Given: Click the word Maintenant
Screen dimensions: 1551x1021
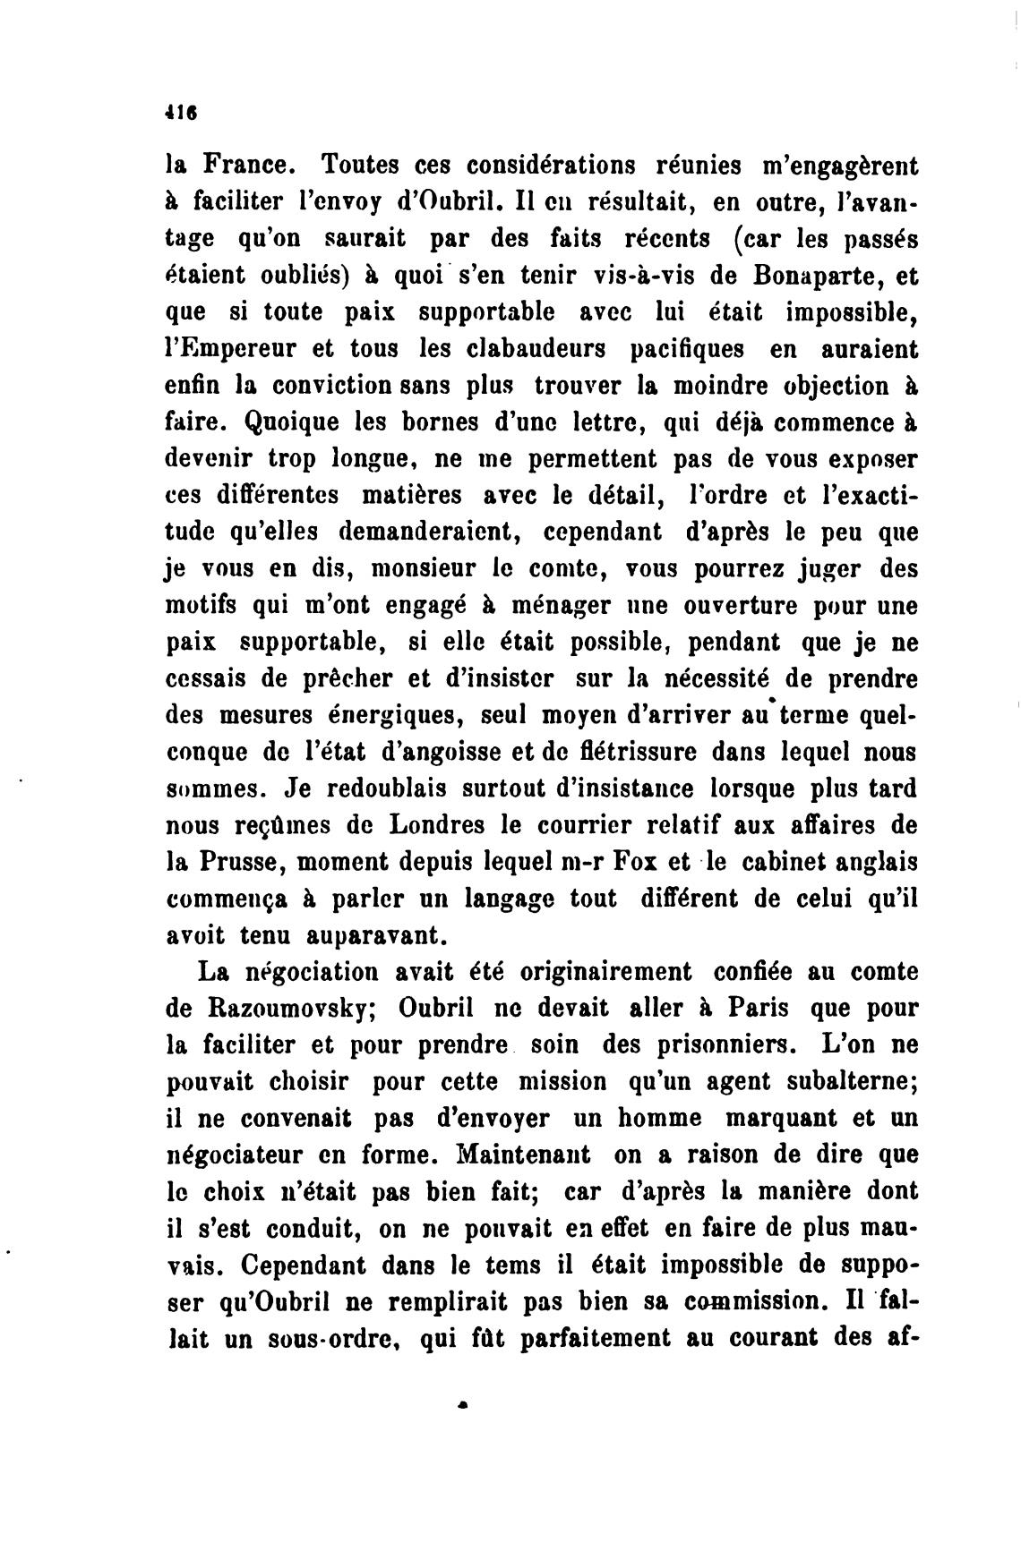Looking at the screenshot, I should point(523,1155).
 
